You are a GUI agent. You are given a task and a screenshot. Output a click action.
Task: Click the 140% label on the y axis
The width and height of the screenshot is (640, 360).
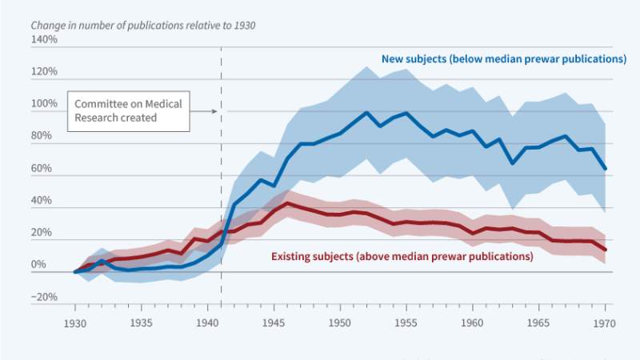click(45, 38)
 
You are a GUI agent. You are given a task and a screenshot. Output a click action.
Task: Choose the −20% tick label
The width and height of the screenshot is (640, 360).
click(45, 297)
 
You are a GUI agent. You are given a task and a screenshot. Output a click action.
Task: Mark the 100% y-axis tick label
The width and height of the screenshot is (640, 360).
click(45, 104)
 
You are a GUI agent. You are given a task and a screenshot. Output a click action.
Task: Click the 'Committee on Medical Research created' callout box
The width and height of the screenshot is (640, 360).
click(129, 110)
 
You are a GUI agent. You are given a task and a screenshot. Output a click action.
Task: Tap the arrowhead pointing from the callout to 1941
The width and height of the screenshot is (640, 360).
click(214, 111)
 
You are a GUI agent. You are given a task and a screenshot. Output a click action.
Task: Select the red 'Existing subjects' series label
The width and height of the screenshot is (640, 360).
click(402, 257)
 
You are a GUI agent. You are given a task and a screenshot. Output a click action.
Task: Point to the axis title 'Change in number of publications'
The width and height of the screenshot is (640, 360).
click(143, 25)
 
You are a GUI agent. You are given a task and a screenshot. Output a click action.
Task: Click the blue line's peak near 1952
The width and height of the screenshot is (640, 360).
click(366, 112)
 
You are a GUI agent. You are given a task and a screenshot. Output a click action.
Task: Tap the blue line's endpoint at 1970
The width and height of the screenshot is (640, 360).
click(605, 169)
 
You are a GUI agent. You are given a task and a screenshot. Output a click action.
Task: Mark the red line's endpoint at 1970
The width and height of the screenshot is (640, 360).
click(605, 250)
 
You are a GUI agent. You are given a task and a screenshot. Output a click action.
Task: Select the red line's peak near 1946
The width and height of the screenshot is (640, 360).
click(287, 204)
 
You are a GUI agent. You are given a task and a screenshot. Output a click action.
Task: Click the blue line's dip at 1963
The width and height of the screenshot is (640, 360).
click(513, 163)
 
